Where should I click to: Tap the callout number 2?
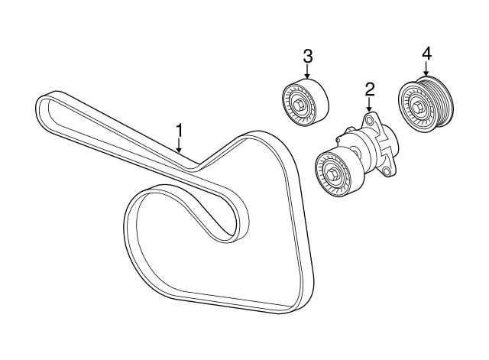tap(369, 89)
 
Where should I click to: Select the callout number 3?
tap(307, 57)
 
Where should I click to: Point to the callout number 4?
tap(426, 54)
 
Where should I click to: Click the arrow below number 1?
tap(179, 146)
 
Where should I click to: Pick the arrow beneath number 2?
tap(369, 105)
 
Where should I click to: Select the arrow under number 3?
tap(307, 72)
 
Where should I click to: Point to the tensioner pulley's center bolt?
tap(331, 174)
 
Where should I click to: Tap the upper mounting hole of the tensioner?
tap(369, 120)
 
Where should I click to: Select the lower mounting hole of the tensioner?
tap(387, 170)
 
